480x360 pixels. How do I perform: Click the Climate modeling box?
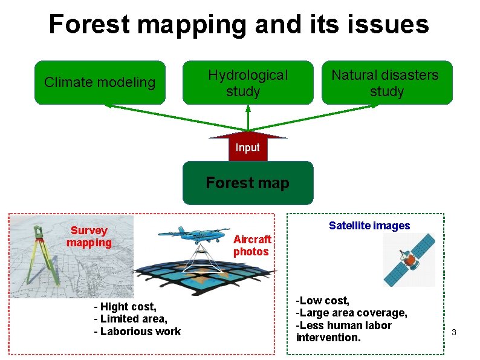point(100,82)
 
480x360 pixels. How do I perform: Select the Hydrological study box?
point(248,83)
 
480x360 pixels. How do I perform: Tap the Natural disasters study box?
point(386,83)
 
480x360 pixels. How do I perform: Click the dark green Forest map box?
point(248,183)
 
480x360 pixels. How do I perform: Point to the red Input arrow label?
point(248,148)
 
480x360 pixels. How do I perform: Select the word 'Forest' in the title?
point(90,24)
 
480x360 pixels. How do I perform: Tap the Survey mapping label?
point(89,237)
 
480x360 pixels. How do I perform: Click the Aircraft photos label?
point(251,246)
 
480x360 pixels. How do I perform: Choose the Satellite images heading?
point(369,226)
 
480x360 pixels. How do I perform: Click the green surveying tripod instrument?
point(39,257)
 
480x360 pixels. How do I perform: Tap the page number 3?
point(453,333)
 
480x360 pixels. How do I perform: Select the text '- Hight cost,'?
point(125,307)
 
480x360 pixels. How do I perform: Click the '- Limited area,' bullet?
point(131,319)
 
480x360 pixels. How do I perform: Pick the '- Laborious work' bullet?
point(137,331)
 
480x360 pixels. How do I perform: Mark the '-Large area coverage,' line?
point(351,313)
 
